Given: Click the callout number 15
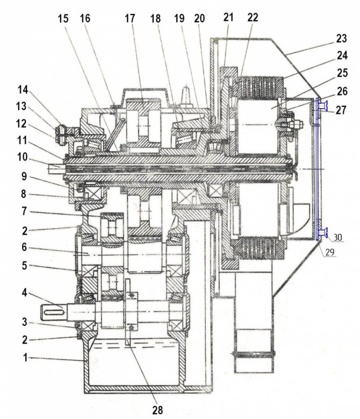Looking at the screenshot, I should [x=64, y=18].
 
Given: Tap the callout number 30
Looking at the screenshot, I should [x=339, y=236].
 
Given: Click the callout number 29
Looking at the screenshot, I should [x=329, y=251].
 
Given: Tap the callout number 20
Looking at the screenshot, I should [x=200, y=18].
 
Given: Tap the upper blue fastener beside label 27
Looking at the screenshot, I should [x=322, y=105].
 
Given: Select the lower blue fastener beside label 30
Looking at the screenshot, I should [x=323, y=232].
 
